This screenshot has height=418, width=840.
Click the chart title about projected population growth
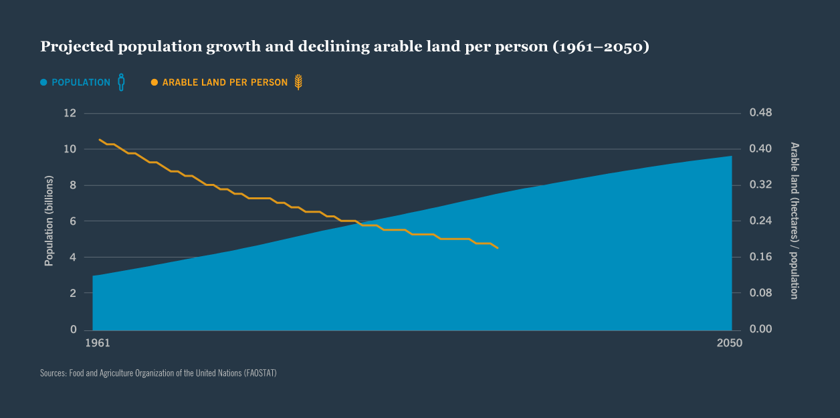(x=344, y=47)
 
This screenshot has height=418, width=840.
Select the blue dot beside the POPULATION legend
(x=43, y=83)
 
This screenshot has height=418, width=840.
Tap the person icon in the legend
(x=121, y=82)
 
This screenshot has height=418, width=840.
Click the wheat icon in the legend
(x=298, y=82)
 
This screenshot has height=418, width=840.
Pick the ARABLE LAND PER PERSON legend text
(x=225, y=83)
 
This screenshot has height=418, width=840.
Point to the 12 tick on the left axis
(x=70, y=113)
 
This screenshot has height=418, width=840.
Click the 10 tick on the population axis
(x=70, y=149)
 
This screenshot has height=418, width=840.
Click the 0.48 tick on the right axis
(x=760, y=113)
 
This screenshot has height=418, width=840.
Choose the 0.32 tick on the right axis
(x=760, y=185)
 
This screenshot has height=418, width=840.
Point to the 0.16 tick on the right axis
(x=760, y=257)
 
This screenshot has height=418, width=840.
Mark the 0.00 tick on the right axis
(x=760, y=329)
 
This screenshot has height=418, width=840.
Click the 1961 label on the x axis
(x=98, y=343)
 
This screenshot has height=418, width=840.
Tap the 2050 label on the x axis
(x=729, y=343)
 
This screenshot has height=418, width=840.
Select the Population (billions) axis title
(x=49, y=221)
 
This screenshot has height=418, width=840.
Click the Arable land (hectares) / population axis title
(x=795, y=221)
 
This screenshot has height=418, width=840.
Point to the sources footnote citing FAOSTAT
(x=158, y=373)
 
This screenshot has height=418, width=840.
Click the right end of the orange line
(x=498, y=248)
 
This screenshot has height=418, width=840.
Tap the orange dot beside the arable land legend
(x=154, y=83)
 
